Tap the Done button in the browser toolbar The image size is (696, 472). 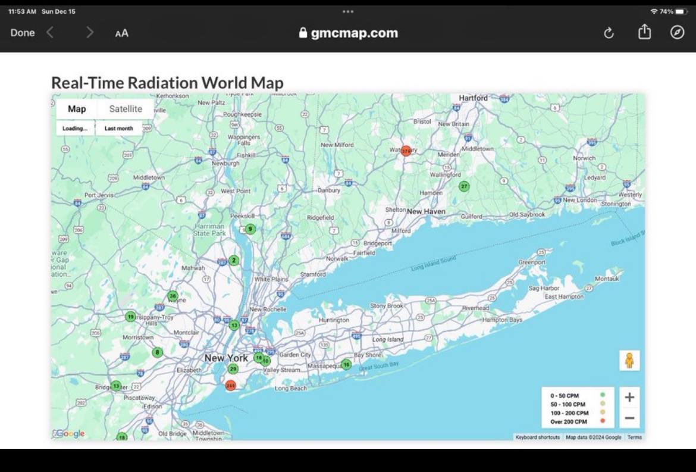click(23, 33)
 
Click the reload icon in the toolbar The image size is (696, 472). click(609, 33)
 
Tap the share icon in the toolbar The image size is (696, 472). click(644, 32)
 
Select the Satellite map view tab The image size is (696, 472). click(126, 109)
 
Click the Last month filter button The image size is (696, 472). click(119, 128)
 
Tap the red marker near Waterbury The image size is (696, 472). click(406, 151)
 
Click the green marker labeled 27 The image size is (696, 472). click(464, 186)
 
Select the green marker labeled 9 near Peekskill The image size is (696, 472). click(250, 229)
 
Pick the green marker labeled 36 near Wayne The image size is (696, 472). click(173, 296)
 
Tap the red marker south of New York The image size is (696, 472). click(231, 386)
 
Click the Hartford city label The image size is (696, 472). click(474, 98)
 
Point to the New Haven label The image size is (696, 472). click(426, 211)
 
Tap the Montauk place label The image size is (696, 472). click(607, 279)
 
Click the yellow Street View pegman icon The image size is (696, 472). click(629, 361)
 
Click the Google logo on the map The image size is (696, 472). click(70, 434)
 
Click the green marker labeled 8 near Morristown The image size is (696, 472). click(157, 352)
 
